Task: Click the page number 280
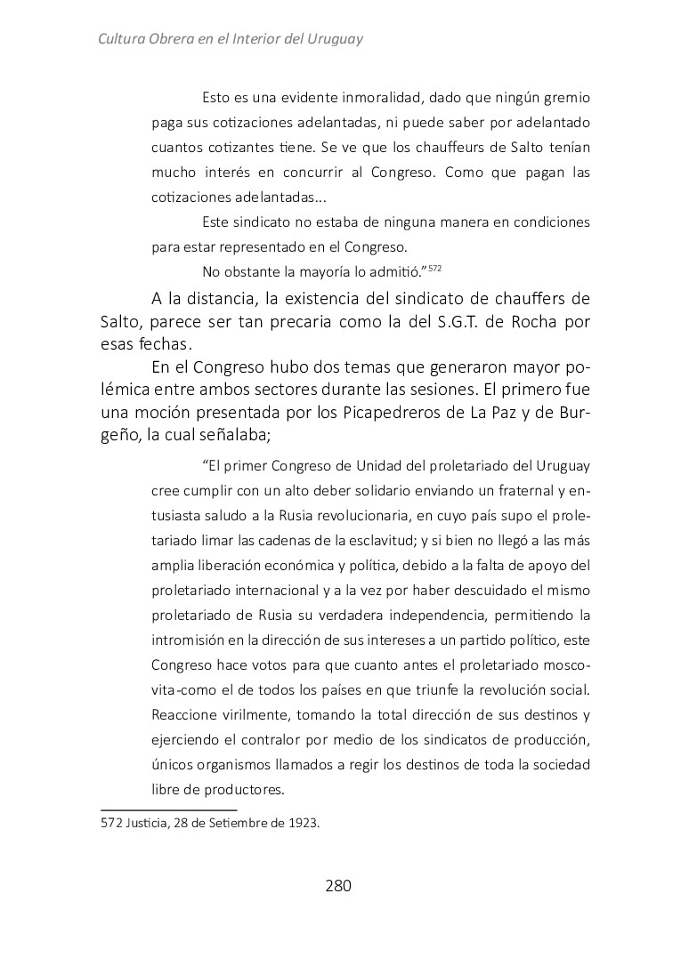point(338,886)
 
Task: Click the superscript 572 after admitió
point(435,267)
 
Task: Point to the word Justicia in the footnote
point(149,823)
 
